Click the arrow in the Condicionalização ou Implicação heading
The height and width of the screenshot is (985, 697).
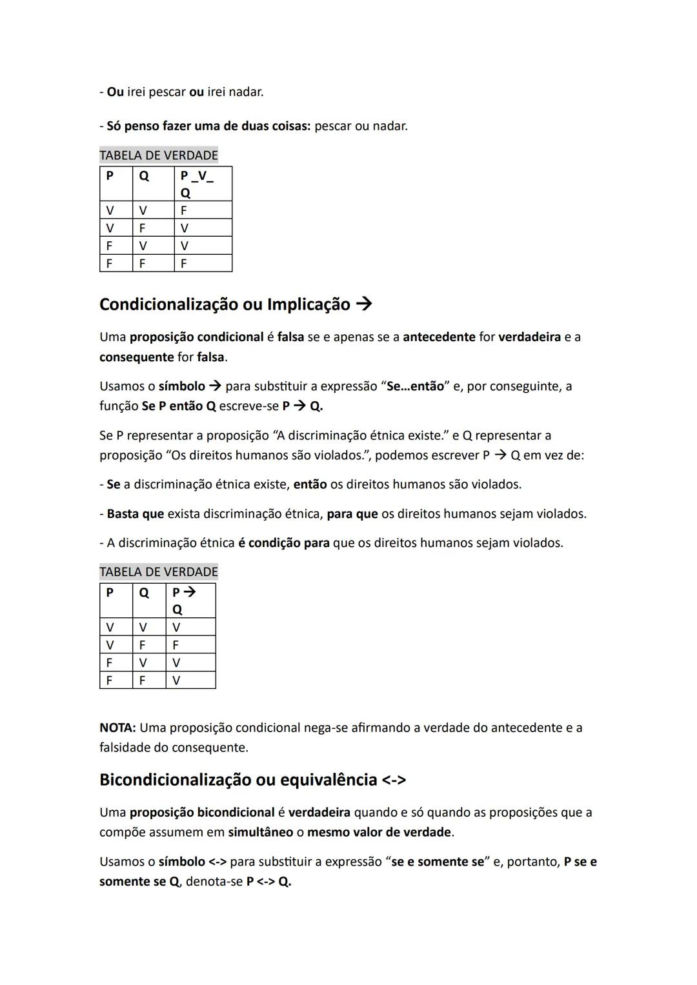tap(364, 304)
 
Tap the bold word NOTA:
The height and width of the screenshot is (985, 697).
tap(117, 728)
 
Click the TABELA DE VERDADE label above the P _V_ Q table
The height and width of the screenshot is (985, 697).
tap(159, 155)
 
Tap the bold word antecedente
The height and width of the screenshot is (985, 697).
tap(439, 337)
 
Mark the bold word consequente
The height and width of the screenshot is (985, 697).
tap(136, 357)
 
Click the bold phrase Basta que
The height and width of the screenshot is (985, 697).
tap(135, 514)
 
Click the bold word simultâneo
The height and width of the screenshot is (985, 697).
tap(260, 832)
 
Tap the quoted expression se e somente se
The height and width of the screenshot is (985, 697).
tap(438, 862)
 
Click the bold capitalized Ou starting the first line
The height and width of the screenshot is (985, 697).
tap(115, 92)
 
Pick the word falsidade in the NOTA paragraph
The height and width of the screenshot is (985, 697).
tap(125, 748)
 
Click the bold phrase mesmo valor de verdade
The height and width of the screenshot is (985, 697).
tap(379, 832)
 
